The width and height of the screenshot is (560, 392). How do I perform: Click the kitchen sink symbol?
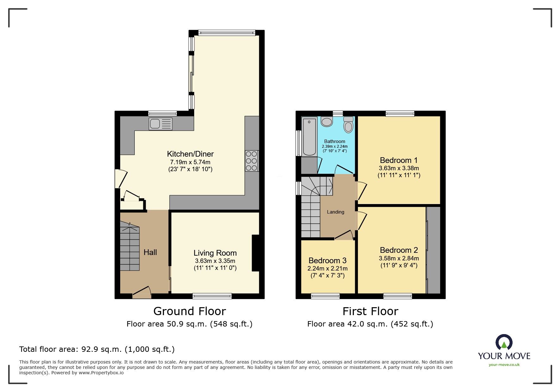[161, 124]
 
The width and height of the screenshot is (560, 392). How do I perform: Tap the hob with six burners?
[251, 161]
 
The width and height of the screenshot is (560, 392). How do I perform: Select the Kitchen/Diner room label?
[190, 154]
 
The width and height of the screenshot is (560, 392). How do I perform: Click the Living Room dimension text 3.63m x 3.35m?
[215, 261]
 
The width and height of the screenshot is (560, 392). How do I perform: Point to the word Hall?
[150, 252]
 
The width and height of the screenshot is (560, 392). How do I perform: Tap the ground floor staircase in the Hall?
[130, 247]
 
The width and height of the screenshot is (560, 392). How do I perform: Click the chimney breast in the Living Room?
[255, 253]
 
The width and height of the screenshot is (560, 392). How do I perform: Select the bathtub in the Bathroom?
[309, 136]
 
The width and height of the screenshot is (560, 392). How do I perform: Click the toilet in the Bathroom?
[348, 125]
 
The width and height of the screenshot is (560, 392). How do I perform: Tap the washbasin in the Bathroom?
[327, 121]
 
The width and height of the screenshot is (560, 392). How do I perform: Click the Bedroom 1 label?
[398, 160]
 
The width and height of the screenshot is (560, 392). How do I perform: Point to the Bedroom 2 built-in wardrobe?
[434, 250]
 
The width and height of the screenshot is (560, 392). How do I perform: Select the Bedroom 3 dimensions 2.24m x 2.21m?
[327, 269]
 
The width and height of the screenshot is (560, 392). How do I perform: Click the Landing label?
[335, 212]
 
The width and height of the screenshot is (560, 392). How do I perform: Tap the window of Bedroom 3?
[325, 296]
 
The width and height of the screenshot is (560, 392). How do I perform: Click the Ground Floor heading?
[189, 311]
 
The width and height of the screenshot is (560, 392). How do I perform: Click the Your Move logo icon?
[504, 343]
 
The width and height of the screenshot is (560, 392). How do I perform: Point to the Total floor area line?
[97, 349]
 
